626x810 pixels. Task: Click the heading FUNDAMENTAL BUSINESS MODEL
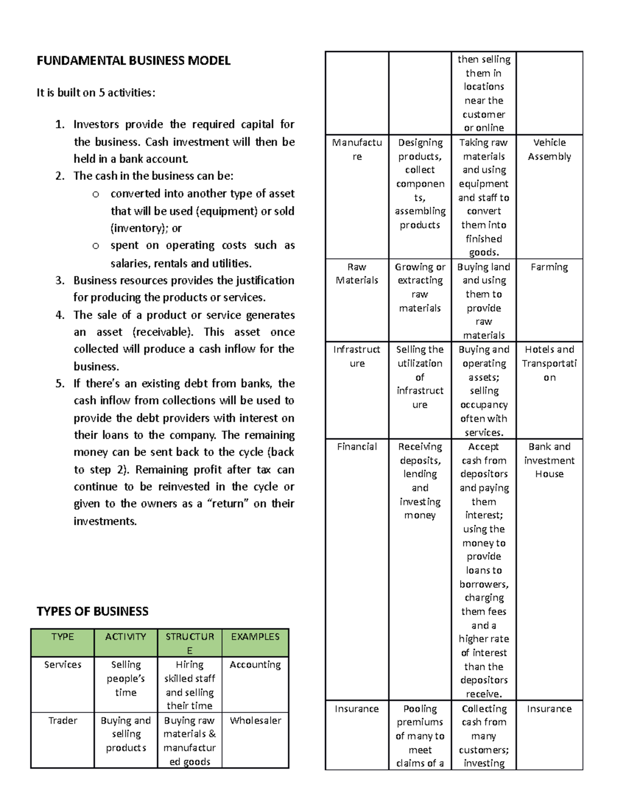(x=134, y=61)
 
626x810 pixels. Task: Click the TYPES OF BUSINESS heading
(x=92, y=611)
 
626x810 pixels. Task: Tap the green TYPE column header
(x=63, y=637)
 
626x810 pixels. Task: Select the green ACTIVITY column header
(x=126, y=637)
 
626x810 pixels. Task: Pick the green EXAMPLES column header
(x=255, y=637)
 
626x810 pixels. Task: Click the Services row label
(x=63, y=664)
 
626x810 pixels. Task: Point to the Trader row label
(x=63, y=720)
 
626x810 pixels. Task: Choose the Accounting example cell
(x=255, y=664)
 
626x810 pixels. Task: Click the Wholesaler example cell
(x=255, y=720)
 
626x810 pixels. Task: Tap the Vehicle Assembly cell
(x=549, y=150)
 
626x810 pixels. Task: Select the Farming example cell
(x=549, y=267)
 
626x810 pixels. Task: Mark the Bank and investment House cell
(x=549, y=460)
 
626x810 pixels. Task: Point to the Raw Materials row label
(x=357, y=273)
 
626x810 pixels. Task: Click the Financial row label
(x=357, y=446)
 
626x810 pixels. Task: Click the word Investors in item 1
(x=96, y=125)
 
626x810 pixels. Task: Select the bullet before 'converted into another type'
(x=95, y=195)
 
